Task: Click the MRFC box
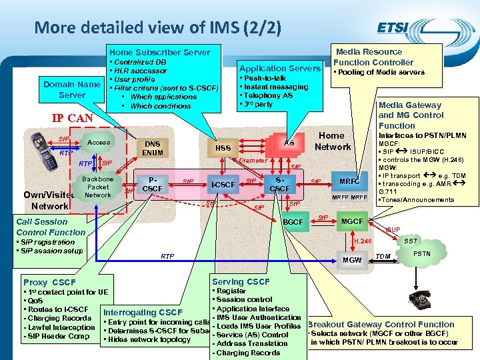(x=350, y=181)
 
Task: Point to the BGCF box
(x=293, y=221)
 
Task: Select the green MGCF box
(x=352, y=221)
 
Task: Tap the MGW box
(x=351, y=259)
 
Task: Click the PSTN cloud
(x=422, y=254)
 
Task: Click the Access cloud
(x=99, y=143)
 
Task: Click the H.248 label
(x=363, y=241)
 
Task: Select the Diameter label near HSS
(x=253, y=161)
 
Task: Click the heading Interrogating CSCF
(x=142, y=313)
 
